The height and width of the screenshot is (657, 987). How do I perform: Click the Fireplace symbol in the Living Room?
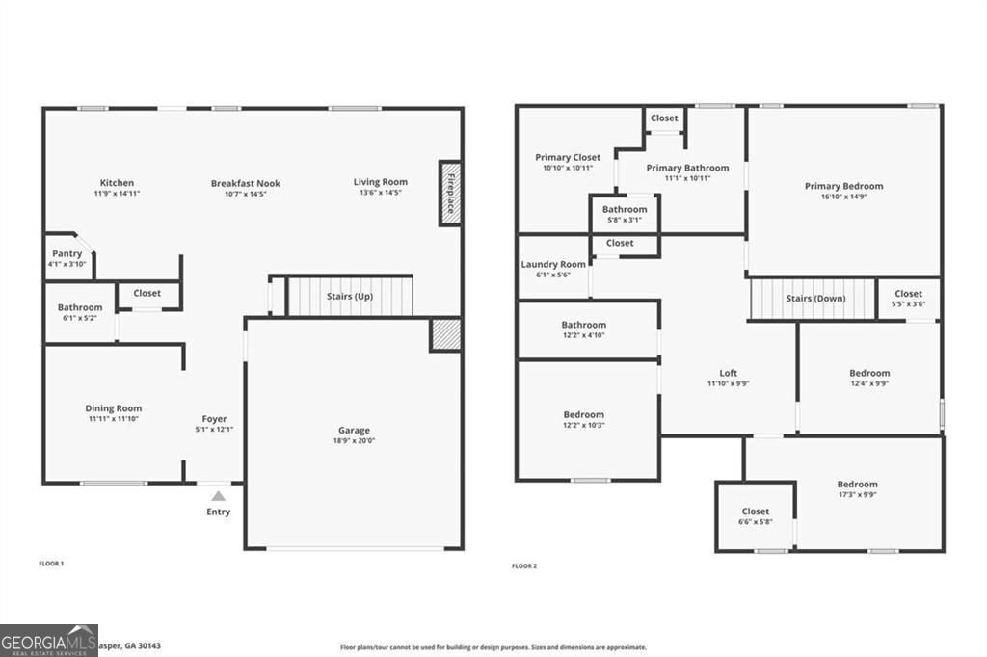pyautogui.click(x=450, y=193)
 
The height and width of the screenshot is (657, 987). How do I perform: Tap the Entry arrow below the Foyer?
pyautogui.click(x=219, y=496)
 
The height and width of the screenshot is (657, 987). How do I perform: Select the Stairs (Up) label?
pyautogui.click(x=350, y=297)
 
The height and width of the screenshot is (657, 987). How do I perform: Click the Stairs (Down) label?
pyautogui.click(x=815, y=299)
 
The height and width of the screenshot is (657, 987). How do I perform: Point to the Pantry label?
pyautogui.click(x=67, y=254)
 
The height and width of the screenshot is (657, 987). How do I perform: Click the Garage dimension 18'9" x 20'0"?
pyautogui.click(x=354, y=441)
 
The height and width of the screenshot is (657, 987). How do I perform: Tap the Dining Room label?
pyautogui.click(x=114, y=408)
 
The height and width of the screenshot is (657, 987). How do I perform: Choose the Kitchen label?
pyautogui.click(x=118, y=183)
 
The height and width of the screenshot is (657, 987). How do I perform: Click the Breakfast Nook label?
pyautogui.click(x=246, y=183)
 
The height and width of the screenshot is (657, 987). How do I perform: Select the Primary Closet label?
pyautogui.click(x=568, y=157)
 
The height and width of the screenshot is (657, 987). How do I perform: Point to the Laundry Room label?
pyautogui.click(x=553, y=264)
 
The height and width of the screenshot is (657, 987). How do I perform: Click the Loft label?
pyautogui.click(x=729, y=373)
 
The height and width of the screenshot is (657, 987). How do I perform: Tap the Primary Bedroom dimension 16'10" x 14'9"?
pyautogui.click(x=844, y=197)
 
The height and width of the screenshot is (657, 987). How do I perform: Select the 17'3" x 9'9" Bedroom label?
pyautogui.click(x=857, y=485)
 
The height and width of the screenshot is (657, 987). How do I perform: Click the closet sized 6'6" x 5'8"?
pyautogui.click(x=756, y=516)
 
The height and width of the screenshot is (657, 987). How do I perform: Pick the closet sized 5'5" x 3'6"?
pyautogui.click(x=908, y=299)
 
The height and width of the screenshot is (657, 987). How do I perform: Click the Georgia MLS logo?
pyautogui.click(x=48, y=641)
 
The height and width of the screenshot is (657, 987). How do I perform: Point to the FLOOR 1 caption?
pyautogui.click(x=51, y=563)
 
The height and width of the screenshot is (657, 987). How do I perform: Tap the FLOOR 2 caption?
pyautogui.click(x=524, y=565)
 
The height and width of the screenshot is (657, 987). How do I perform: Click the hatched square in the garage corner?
pyautogui.click(x=445, y=333)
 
